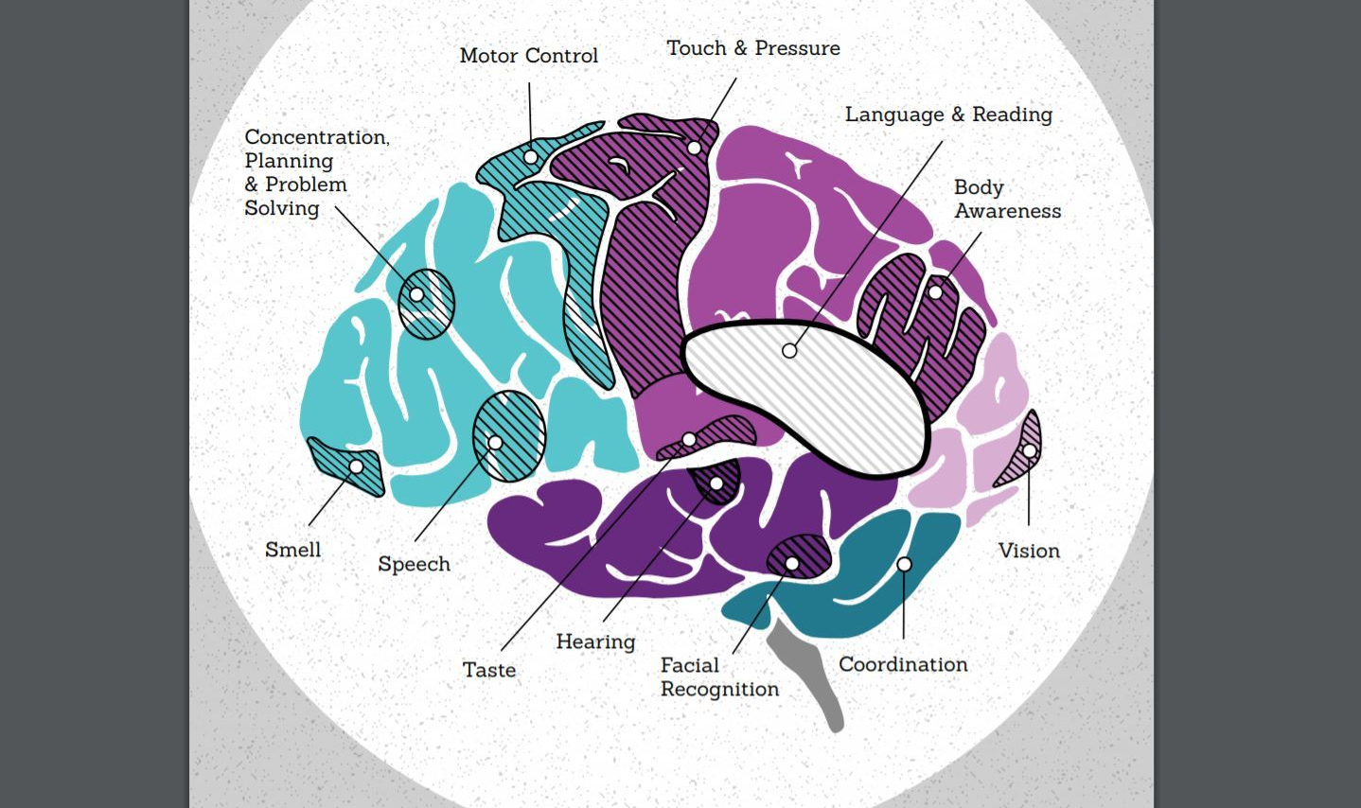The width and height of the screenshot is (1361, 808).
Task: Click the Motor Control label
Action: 528,56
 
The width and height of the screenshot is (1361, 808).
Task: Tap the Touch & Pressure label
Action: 752,48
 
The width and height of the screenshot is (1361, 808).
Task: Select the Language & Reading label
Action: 948,114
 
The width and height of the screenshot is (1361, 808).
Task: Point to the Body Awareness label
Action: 1007,199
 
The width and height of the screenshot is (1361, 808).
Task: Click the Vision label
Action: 1029,551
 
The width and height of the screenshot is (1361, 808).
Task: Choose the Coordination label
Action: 903,664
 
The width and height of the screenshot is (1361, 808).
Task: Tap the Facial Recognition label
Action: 719,676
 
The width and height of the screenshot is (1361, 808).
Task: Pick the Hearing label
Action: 595,641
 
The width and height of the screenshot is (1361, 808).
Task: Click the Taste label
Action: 489,670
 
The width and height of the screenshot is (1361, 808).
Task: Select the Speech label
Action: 414,564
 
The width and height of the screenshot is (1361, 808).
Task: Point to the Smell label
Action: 292,550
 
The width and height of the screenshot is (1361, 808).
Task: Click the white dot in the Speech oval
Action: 495,443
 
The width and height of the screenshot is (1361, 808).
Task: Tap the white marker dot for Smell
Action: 356,466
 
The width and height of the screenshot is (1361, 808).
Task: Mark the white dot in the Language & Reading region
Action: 789,351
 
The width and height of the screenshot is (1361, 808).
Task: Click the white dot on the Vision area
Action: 1029,451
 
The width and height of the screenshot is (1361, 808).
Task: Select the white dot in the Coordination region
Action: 904,565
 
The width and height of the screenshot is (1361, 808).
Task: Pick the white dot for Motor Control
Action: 531,157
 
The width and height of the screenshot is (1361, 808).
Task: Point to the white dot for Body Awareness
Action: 935,292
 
